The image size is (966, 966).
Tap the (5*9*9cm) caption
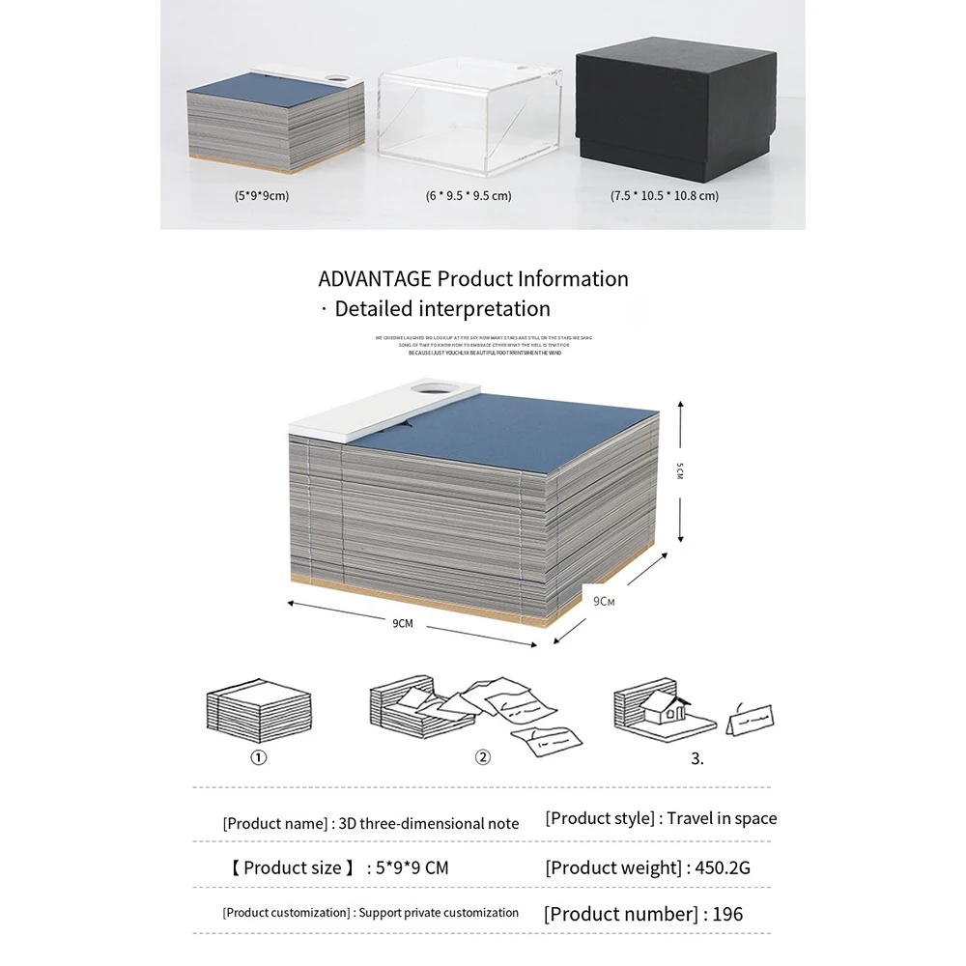[262, 195]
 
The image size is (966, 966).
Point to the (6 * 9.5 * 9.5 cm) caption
[469, 195]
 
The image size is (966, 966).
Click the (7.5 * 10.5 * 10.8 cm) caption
[665, 195]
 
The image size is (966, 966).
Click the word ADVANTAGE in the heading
[374, 279]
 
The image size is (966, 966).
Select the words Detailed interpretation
[442, 309]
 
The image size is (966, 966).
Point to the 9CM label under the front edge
[403, 623]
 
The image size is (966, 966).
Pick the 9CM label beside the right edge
[604, 601]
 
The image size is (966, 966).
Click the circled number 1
[259, 757]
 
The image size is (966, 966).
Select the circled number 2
[483, 757]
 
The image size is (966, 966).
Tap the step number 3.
[697, 758]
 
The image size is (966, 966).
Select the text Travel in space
[723, 818]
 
